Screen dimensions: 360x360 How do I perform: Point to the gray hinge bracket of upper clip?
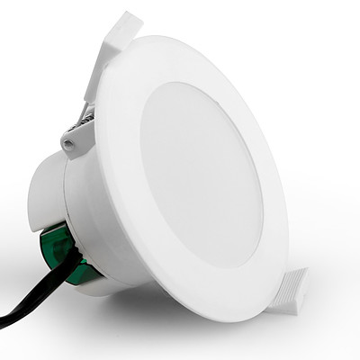[x=76, y=135]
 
